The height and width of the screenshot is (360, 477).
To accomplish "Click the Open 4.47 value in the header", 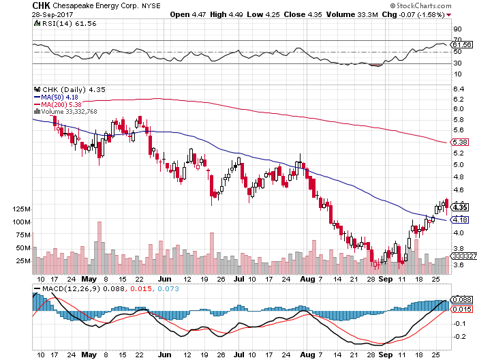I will pos(187,14).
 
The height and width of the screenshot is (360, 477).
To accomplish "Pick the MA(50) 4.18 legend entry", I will pos(62,97).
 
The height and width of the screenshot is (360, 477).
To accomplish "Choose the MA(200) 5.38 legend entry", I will pos(64,104).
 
